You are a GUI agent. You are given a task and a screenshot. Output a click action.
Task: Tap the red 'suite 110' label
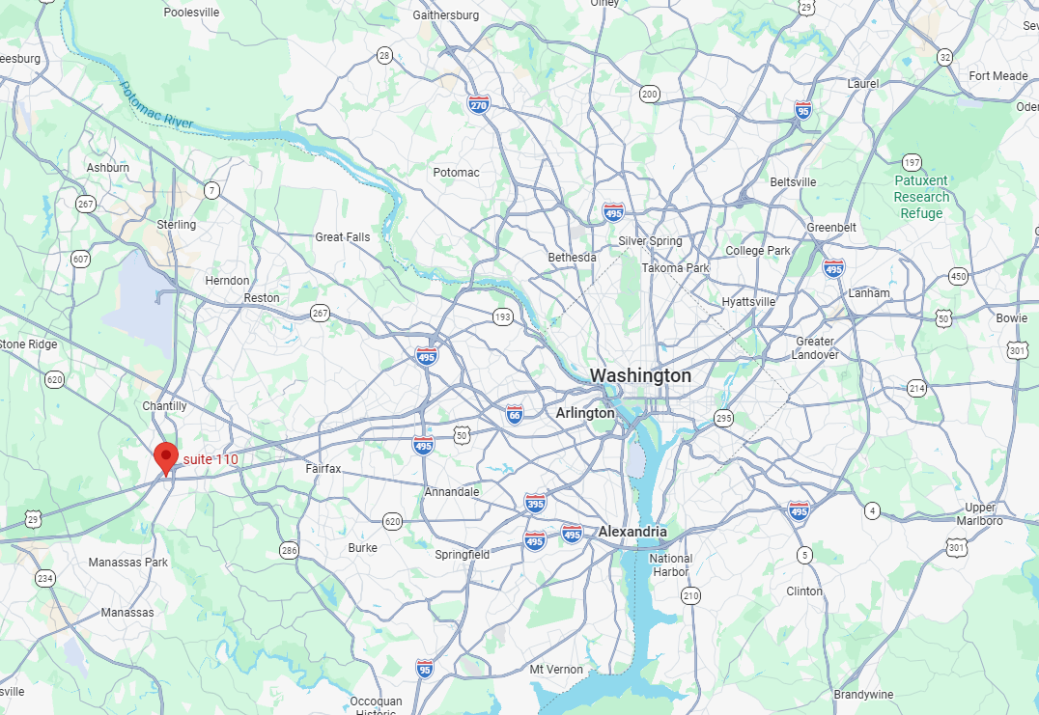click(x=211, y=459)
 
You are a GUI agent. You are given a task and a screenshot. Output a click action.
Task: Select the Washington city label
click(x=640, y=375)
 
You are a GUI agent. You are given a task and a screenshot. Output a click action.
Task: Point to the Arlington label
click(x=585, y=413)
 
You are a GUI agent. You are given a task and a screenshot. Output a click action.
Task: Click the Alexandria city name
click(x=632, y=532)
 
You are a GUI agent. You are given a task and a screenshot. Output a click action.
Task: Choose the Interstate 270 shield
click(x=478, y=104)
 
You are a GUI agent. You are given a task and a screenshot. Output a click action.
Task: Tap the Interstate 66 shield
click(x=515, y=414)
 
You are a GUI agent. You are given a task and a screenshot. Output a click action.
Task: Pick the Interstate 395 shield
click(x=535, y=502)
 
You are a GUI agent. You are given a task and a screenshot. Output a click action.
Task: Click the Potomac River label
click(x=156, y=105)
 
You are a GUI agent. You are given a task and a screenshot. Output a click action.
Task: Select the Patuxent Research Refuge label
click(x=921, y=197)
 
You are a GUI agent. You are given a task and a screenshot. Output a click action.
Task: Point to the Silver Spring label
click(x=650, y=241)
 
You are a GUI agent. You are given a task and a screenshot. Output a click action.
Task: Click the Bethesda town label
click(x=573, y=258)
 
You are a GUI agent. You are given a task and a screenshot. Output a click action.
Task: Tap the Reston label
click(x=262, y=298)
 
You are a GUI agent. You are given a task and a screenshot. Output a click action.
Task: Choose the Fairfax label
click(x=323, y=469)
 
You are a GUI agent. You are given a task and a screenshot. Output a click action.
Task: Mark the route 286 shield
click(x=289, y=550)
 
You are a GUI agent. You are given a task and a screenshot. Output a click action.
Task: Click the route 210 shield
click(x=690, y=595)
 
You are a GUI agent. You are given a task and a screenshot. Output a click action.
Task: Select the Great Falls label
click(x=342, y=237)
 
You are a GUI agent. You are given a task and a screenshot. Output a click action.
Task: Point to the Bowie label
click(x=1012, y=317)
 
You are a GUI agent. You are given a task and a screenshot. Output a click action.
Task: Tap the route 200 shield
click(x=649, y=94)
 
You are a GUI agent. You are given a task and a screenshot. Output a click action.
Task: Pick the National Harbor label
click(x=671, y=565)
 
